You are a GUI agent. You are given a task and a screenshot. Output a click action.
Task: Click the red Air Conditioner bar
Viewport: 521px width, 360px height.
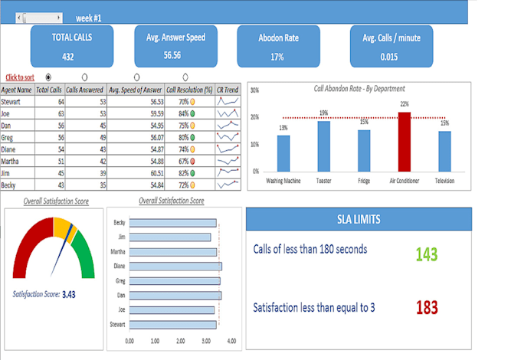click(x=404, y=142)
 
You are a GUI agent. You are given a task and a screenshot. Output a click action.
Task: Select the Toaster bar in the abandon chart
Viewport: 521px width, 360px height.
click(x=324, y=146)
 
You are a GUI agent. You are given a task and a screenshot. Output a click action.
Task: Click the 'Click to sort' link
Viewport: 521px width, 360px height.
click(x=20, y=77)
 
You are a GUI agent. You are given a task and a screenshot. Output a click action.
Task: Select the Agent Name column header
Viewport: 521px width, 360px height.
click(x=17, y=90)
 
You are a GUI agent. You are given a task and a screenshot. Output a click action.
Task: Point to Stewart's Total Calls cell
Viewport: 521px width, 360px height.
click(x=49, y=100)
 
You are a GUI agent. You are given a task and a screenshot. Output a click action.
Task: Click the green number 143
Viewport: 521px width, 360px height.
click(x=427, y=254)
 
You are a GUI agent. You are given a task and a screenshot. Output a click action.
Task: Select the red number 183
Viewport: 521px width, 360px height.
click(x=427, y=307)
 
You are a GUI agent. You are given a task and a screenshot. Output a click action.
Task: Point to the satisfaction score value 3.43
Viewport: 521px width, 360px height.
click(x=68, y=293)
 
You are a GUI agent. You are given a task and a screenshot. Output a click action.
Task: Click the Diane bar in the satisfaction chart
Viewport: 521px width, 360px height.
click(x=175, y=266)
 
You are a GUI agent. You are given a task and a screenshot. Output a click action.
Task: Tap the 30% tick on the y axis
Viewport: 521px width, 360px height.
click(x=254, y=90)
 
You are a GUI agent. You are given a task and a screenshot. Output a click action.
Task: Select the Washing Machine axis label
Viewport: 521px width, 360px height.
click(x=283, y=182)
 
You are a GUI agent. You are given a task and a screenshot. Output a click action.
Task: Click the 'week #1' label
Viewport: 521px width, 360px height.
click(x=88, y=17)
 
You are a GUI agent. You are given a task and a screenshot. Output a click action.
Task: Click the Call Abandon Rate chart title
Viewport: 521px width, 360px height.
click(x=359, y=89)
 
